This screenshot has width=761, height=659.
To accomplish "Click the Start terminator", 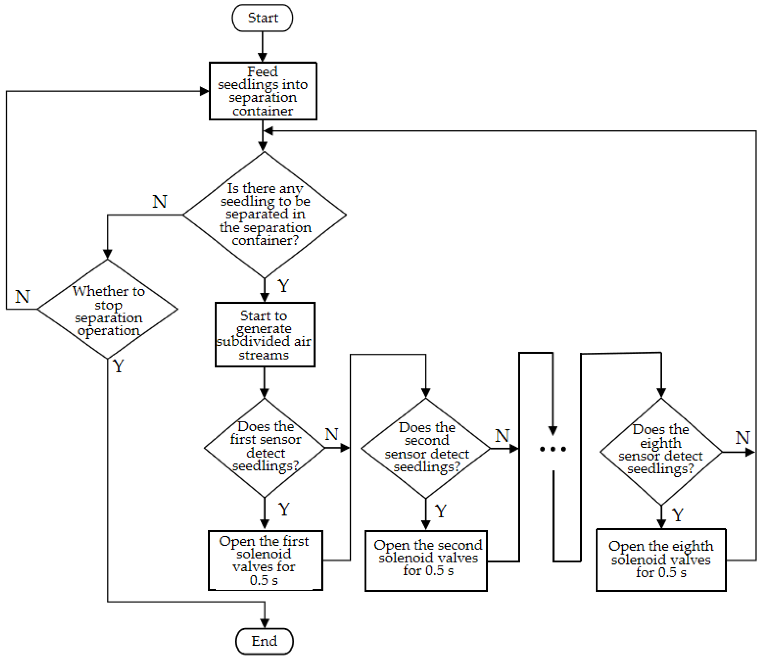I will click(262, 18).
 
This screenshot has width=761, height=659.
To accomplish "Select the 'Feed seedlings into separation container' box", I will click(263, 91).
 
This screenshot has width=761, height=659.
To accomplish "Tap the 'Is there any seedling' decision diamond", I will click(265, 215).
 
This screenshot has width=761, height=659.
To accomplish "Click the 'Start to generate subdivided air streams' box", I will click(265, 335).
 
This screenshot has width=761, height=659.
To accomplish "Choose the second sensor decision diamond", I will click(426, 448).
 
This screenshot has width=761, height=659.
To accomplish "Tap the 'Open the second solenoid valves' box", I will click(426, 561).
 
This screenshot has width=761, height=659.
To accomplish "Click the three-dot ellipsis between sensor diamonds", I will click(552, 449).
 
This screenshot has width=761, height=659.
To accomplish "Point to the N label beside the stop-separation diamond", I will click(22, 296).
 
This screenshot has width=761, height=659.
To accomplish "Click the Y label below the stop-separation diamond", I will click(118, 366).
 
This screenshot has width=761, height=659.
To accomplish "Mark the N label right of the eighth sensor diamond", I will click(742, 438).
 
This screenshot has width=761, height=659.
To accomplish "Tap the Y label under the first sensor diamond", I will click(284, 509).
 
